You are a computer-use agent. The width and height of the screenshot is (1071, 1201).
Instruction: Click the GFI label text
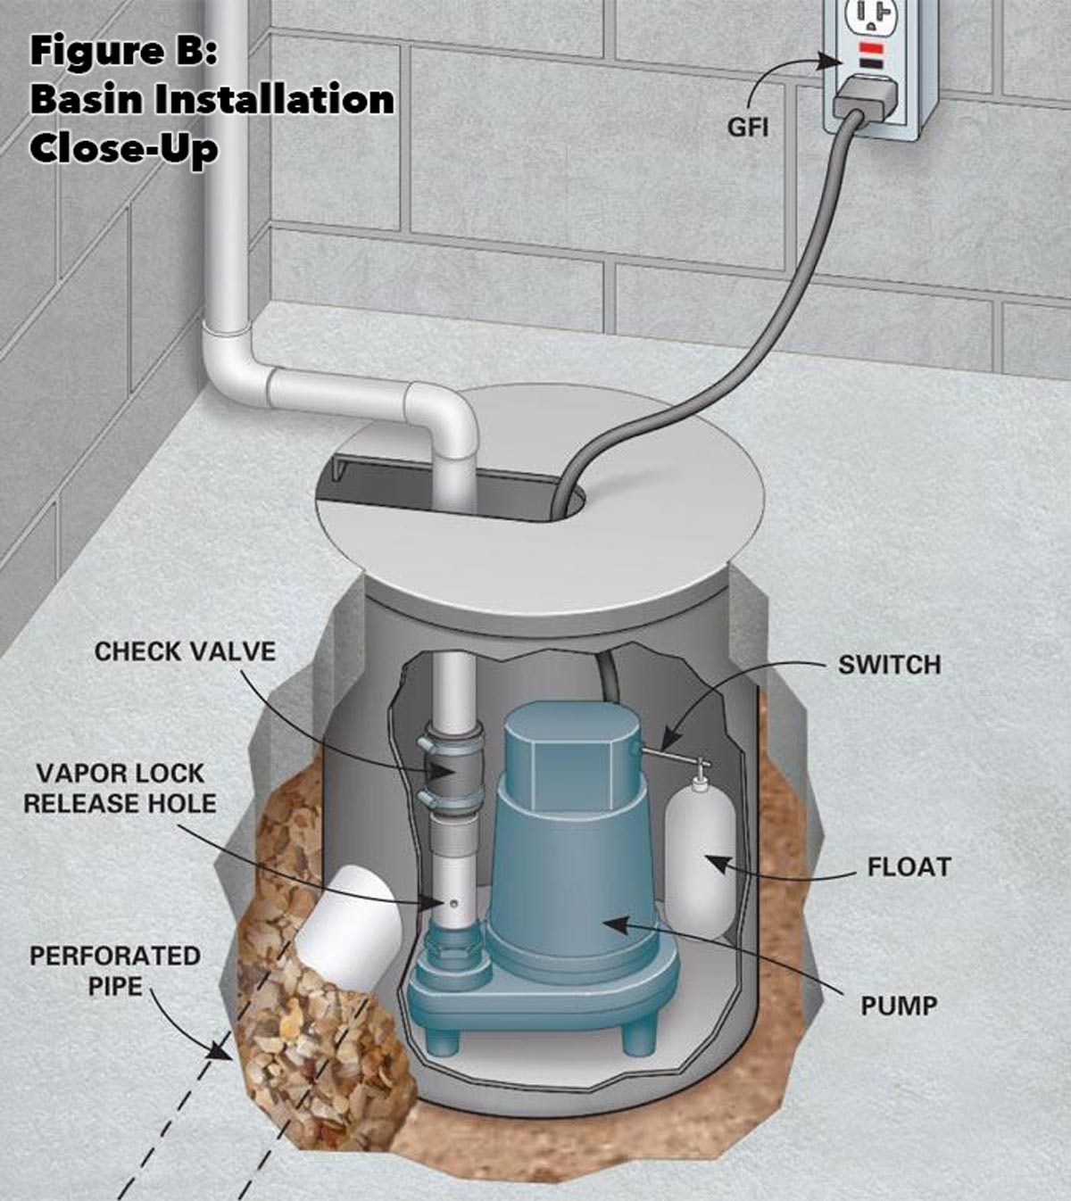coord(748,127)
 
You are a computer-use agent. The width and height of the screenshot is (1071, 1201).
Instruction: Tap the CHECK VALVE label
coord(185,651)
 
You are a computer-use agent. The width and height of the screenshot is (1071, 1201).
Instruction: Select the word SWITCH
coord(889,665)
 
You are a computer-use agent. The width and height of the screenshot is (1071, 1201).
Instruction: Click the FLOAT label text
coord(909,866)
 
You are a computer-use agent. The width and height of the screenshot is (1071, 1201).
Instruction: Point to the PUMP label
coord(899,1006)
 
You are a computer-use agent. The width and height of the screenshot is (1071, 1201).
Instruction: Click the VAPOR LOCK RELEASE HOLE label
coord(120,788)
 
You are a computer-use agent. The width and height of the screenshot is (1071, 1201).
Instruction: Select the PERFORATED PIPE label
coord(114,971)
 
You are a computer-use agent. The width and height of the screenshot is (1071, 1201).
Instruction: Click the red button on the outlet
coord(872,47)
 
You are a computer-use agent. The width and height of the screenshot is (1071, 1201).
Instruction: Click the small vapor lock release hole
coord(453,904)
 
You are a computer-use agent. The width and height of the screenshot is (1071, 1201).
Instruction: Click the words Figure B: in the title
coord(123,51)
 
